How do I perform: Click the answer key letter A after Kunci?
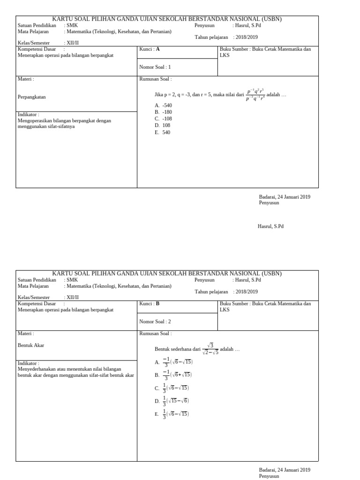point(157,49)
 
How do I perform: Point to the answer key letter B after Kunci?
point(157,303)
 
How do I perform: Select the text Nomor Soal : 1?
point(155,67)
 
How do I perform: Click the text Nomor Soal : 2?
point(155,321)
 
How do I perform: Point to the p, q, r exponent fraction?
point(255,94)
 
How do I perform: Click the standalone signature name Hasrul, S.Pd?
point(271,226)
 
